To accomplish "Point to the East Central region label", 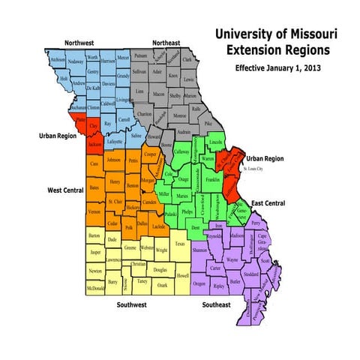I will (267, 204).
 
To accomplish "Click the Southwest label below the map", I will (135, 305).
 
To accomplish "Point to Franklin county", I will (212, 180).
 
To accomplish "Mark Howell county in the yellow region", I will (183, 276).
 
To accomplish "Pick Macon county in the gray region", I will (158, 94).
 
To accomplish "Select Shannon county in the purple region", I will (199, 250).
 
